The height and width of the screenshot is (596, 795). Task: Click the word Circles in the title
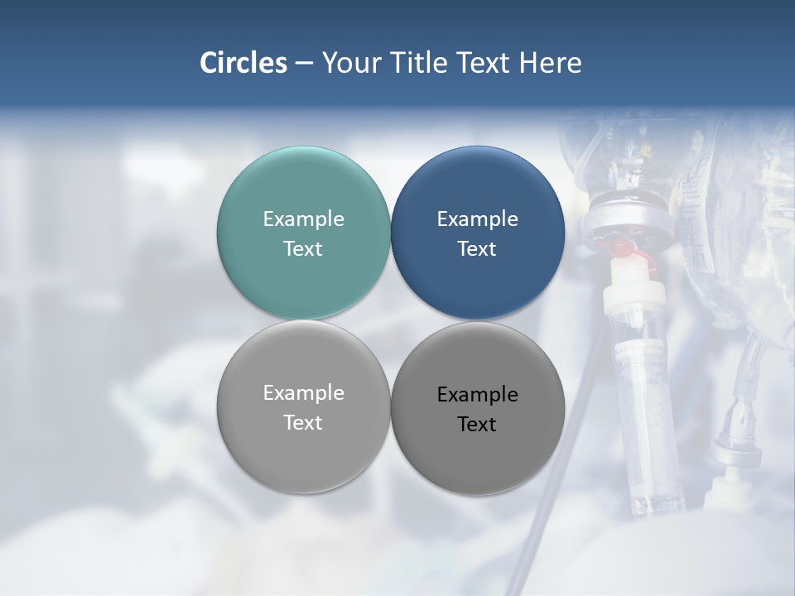point(243,63)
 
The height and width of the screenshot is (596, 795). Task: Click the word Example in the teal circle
point(303,219)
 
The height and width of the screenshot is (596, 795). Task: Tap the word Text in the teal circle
point(303,249)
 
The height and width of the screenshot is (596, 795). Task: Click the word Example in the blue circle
point(477,219)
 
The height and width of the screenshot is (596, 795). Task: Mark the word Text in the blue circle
point(477,249)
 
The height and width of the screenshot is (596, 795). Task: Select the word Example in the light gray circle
point(303,393)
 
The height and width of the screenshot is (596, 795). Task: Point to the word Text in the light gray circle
point(303,423)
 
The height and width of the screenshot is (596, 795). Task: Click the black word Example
point(477,395)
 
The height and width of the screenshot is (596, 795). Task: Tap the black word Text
point(477,425)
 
